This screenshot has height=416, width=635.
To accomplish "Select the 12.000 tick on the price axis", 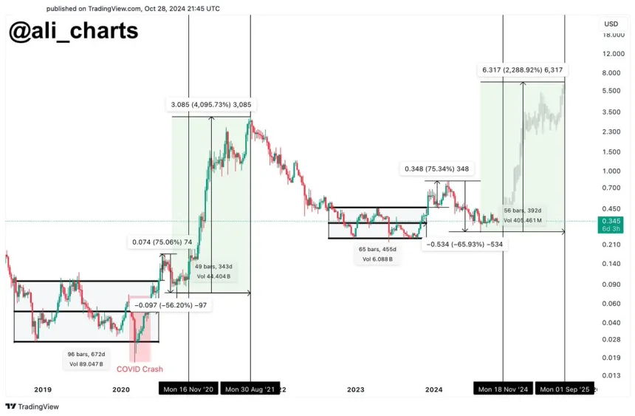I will [x=614, y=54].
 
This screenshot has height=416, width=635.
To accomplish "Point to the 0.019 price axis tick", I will [x=611, y=358].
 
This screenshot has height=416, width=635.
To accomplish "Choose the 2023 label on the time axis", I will [x=355, y=389].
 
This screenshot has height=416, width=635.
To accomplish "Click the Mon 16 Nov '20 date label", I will [x=188, y=389].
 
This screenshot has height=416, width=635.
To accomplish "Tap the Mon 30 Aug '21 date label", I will [x=250, y=389].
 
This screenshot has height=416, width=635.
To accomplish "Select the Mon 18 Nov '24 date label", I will [x=503, y=389].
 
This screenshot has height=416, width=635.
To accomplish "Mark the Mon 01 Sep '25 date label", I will [x=564, y=389].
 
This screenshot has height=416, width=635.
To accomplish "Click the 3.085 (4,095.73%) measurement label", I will [x=212, y=105].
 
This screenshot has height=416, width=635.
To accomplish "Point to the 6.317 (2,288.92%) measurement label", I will [x=523, y=69].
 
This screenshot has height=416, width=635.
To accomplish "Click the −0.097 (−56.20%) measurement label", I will [x=171, y=304].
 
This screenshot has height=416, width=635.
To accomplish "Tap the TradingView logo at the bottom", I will [x=33, y=406].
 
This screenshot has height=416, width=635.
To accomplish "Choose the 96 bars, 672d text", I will [x=87, y=354].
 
